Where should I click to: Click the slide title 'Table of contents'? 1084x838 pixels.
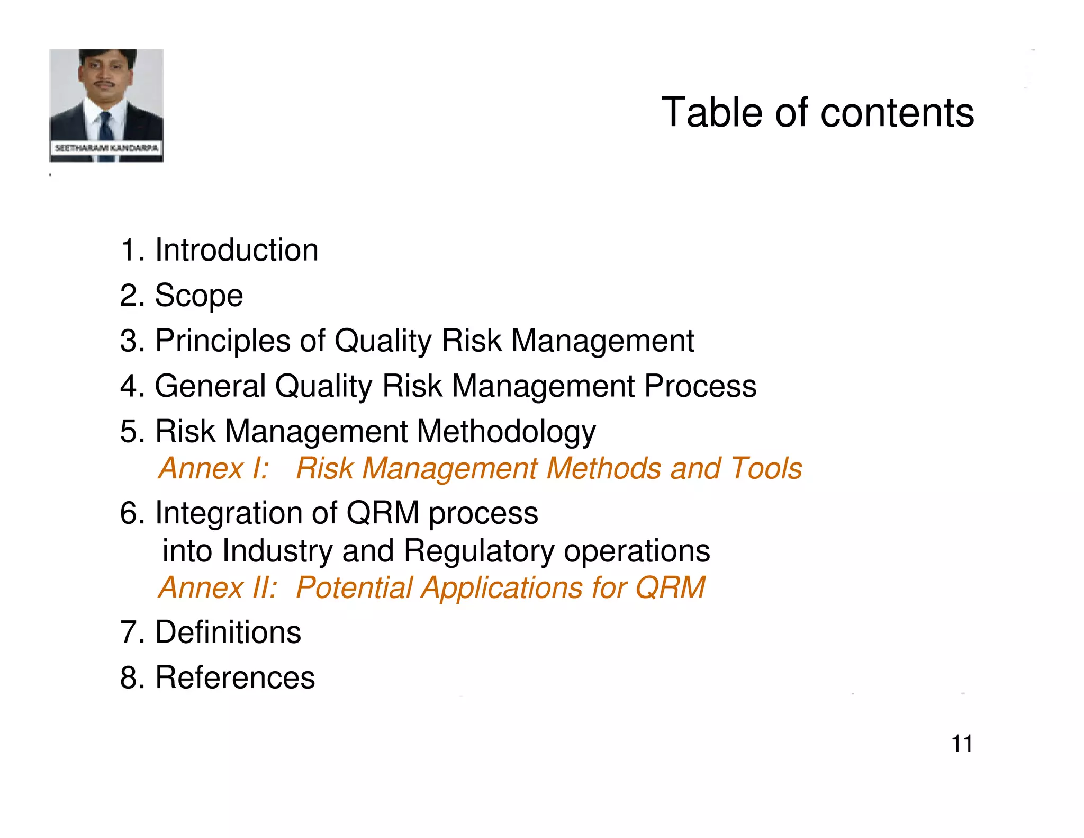click(817, 113)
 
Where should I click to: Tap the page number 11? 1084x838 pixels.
click(962, 744)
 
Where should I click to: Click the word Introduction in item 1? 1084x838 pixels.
click(236, 250)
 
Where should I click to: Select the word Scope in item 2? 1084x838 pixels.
click(198, 296)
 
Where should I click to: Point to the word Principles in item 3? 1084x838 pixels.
click(222, 341)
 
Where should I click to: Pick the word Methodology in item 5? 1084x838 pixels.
click(506, 432)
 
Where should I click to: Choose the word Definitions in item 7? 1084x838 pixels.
click(228, 632)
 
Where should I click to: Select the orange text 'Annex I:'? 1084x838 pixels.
click(214, 468)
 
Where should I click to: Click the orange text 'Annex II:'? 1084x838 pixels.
click(218, 587)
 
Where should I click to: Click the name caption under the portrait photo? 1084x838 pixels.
click(106, 148)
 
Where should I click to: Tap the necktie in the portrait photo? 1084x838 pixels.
click(106, 127)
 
